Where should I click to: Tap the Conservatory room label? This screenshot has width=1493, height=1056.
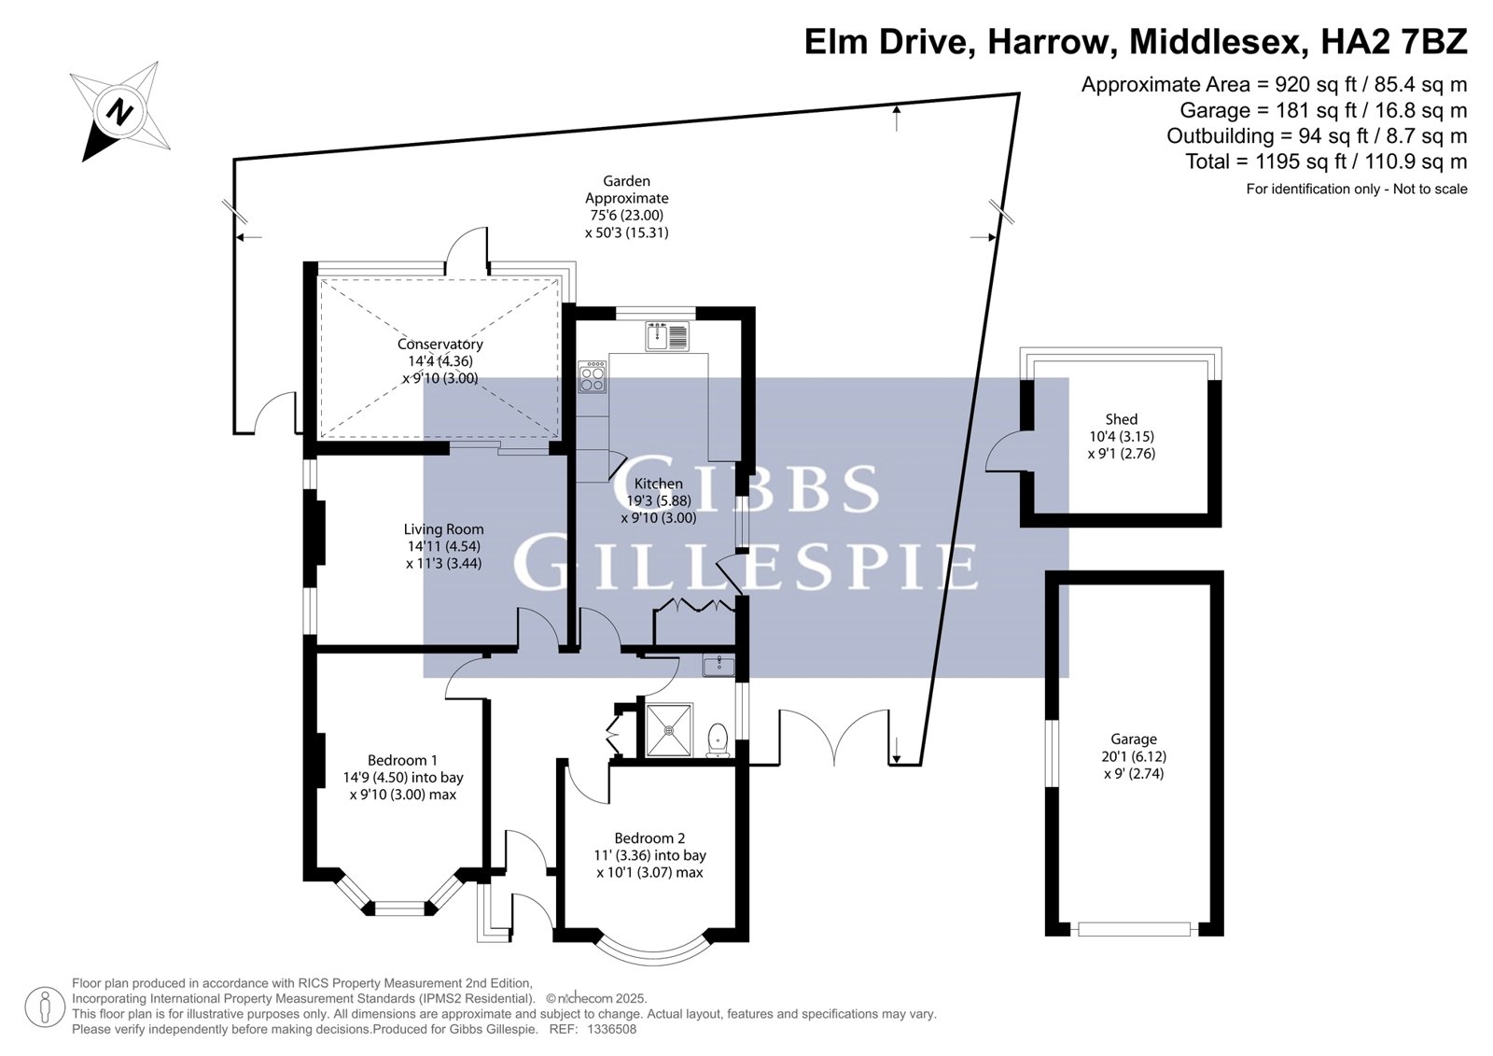(x=440, y=345)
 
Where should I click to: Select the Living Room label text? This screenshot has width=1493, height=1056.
(x=443, y=529)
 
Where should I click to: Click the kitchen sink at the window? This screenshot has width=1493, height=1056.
(x=666, y=335)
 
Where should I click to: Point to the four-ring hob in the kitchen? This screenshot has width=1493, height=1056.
(x=593, y=377)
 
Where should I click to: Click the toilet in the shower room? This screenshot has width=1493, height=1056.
(x=718, y=741)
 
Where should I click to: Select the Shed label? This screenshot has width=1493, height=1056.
(x=1121, y=419)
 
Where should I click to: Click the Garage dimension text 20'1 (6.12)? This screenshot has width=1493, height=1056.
(x=1134, y=756)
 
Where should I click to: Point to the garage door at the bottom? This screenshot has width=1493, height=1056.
(x=1134, y=929)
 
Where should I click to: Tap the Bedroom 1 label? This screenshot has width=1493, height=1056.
(x=402, y=760)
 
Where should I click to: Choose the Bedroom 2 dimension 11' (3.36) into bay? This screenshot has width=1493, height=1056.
(x=649, y=855)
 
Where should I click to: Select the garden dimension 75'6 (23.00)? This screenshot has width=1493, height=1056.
(x=626, y=216)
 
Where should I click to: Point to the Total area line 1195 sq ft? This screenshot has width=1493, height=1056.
(x=1326, y=162)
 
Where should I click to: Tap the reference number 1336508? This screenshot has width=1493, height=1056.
(x=611, y=1029)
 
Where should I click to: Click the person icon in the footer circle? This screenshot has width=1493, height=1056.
(x=46, y=1007)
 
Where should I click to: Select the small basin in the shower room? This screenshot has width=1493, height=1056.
(x=719, y=666)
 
